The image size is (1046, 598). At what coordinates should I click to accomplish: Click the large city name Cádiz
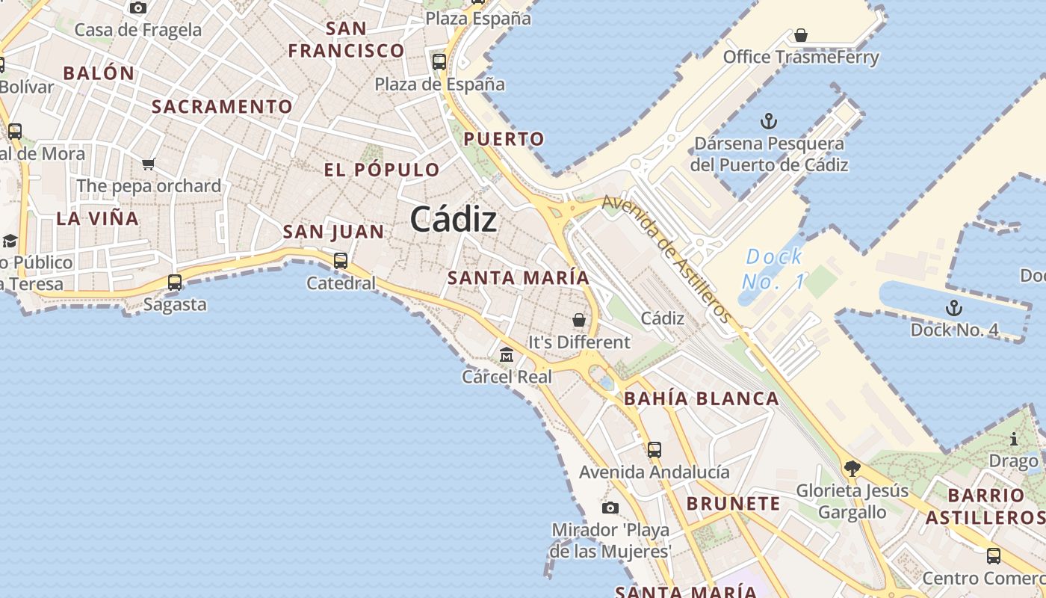click(x=453, y=219)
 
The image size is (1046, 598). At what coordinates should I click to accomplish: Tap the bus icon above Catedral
click(x=341, y=261)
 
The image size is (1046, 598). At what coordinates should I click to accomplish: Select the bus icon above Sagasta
click(x=175, y=283)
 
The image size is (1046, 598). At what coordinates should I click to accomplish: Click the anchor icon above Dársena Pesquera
click(x=768, y=121)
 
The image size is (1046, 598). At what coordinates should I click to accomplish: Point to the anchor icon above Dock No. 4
click(x=953, y=308)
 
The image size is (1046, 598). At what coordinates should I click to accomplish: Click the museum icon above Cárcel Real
click(x=507, y=354)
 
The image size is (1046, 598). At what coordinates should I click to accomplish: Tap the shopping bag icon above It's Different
click(x=579, y=320)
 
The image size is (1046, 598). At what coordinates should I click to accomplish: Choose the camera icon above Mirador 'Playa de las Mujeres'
click(x=610, y=508)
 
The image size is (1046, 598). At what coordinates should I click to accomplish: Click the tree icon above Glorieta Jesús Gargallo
click(x=852, y=469)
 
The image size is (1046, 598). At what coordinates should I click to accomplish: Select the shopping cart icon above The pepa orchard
click(x=149, y=164)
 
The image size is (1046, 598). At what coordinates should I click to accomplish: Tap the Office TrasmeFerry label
click(x=801, y=58)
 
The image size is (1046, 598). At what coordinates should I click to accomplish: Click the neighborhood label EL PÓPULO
click(x=382, y=170)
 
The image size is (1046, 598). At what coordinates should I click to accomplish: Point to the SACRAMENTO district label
click(x=222, y=107)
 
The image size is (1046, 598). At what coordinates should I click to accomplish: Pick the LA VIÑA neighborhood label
click(x=98, y=219)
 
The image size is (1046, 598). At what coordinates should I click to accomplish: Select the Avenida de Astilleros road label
click(x=667, y=259)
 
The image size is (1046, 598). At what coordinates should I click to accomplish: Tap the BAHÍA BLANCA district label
click(x=702, y=398)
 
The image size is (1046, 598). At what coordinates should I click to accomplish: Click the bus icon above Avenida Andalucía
click(x=654, y=450)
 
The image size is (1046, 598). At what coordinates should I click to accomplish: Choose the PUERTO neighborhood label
click(x=504, y=139)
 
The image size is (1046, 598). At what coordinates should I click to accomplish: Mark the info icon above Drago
click(x=1014, y=439)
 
